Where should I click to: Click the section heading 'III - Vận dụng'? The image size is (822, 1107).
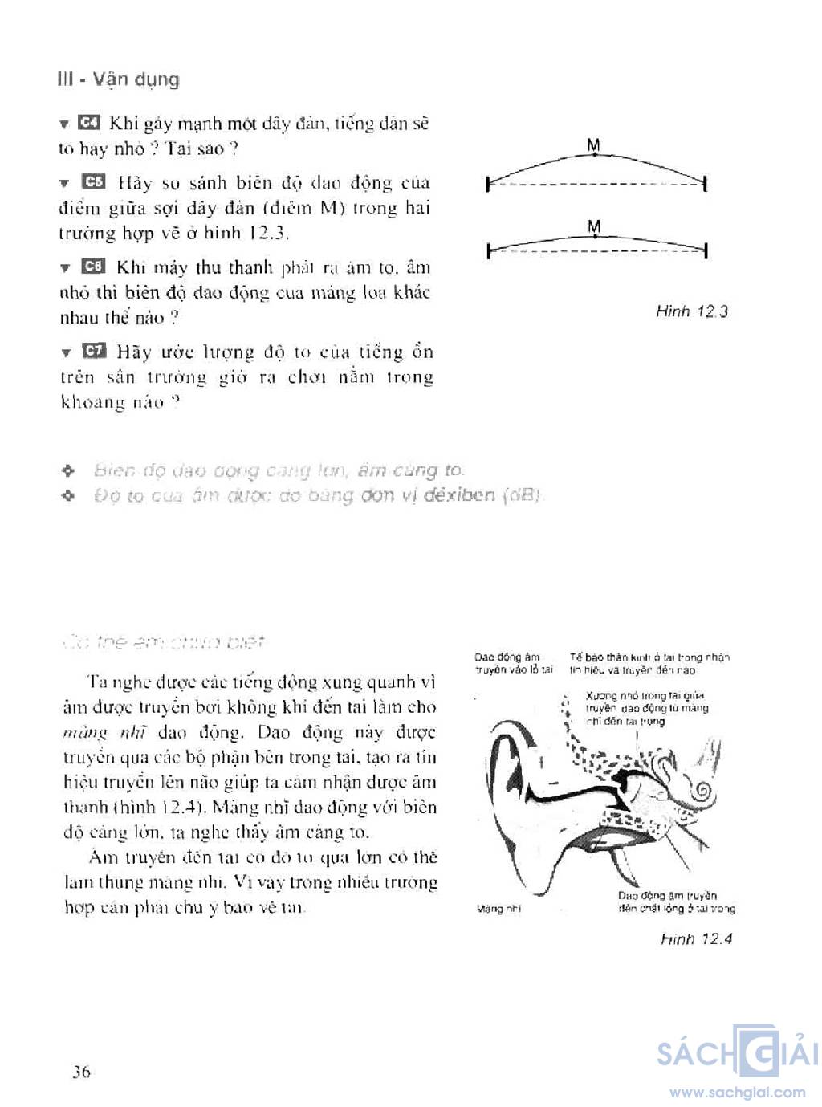click(119, 79)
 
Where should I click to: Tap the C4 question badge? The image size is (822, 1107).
click(88, 123)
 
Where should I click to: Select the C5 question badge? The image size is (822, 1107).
click(93, 182)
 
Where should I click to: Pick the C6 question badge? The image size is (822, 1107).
click(93, 267)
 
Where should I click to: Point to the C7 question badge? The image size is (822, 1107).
click(93, 351)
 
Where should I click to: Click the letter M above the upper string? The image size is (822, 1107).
click(594, 145)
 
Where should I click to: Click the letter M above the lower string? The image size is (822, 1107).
click(594, 227)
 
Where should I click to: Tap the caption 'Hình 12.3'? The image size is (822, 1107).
click(691, 311)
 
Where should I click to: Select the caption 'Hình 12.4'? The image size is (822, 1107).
click(696, 938)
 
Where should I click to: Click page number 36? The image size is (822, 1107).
click(81, 1072)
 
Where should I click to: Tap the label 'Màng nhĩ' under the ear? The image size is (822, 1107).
click(498, 909)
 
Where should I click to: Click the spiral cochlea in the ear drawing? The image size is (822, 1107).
click(701, 792)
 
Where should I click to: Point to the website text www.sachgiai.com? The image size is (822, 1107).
click(737, 1092)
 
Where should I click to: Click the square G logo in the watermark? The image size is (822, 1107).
click(756, 1051)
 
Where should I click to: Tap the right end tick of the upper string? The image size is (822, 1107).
click(705, 185)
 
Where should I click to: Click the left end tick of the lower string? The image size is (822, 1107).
click(488, 252)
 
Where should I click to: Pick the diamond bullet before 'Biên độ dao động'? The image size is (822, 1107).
click(68, 470)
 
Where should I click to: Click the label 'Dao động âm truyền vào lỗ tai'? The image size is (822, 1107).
click(513, 663)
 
